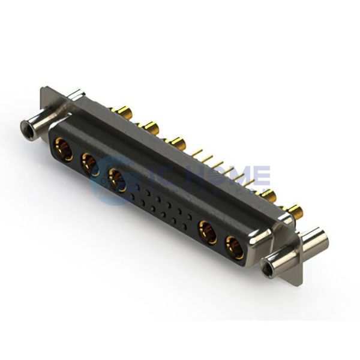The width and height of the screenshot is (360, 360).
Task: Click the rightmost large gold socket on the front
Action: (235, 245)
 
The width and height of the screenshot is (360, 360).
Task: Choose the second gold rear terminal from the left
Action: (149, 127)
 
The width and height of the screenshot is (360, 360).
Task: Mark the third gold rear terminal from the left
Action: (176, 143)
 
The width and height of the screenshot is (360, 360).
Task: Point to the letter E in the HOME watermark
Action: (261, 175)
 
